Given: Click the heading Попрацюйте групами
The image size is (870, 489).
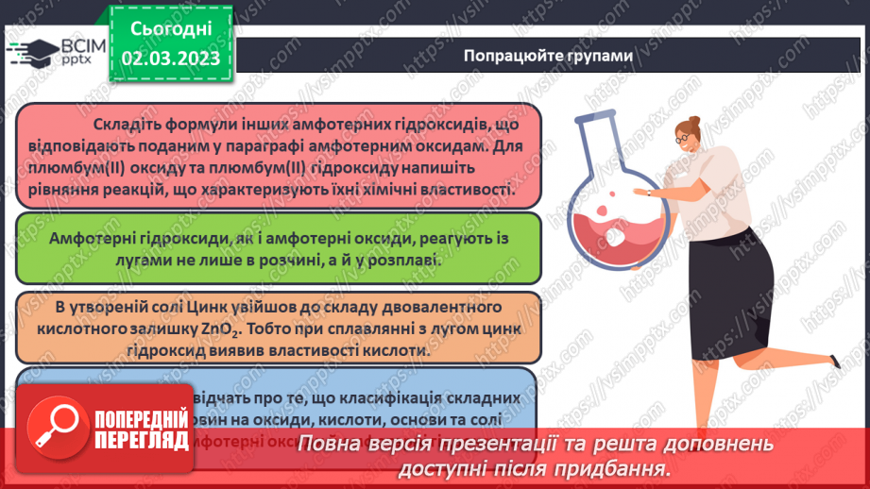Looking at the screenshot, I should [548, 55].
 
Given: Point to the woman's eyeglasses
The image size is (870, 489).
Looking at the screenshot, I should [684, 137].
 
